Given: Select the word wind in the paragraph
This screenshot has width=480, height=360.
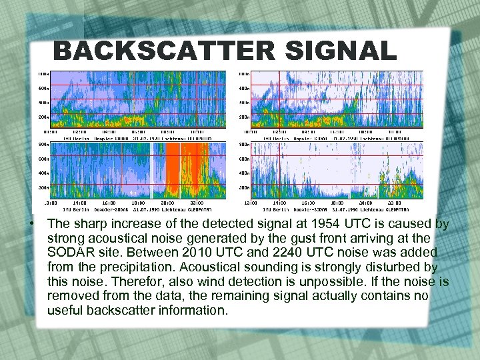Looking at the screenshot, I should tap(147, 281).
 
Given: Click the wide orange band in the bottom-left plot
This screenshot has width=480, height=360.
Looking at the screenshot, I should tap(178, 170).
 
